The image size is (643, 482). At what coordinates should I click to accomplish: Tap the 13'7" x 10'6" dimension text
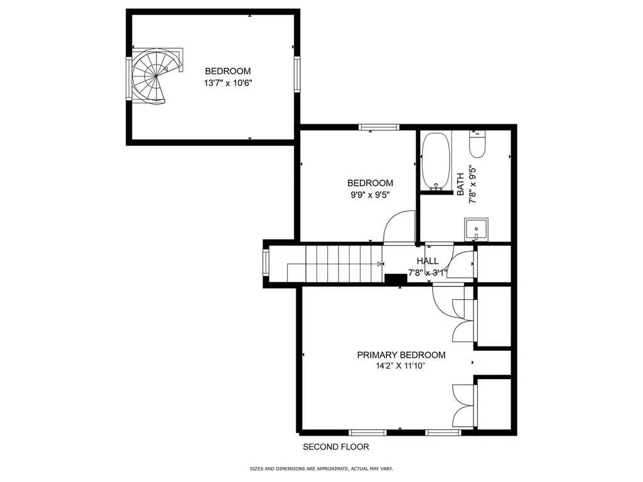point(228,83)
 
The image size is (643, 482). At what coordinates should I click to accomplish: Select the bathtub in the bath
point(435,161)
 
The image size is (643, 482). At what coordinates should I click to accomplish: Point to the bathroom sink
point(476,229)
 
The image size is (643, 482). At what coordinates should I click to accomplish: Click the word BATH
point(460,185)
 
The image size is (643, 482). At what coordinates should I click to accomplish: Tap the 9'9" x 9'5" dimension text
point(370,195)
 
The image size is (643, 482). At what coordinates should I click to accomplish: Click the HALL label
point(428,261)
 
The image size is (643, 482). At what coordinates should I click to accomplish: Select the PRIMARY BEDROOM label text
point(401,355)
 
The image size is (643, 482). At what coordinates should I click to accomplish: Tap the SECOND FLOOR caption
point(336,447)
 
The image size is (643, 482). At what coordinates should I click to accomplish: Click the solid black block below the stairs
point(396,279)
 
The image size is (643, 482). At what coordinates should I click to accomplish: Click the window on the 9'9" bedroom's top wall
point(379,127)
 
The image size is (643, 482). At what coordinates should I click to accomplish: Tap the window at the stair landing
point(266,264)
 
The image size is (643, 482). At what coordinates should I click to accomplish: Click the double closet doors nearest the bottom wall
point(463,404)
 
